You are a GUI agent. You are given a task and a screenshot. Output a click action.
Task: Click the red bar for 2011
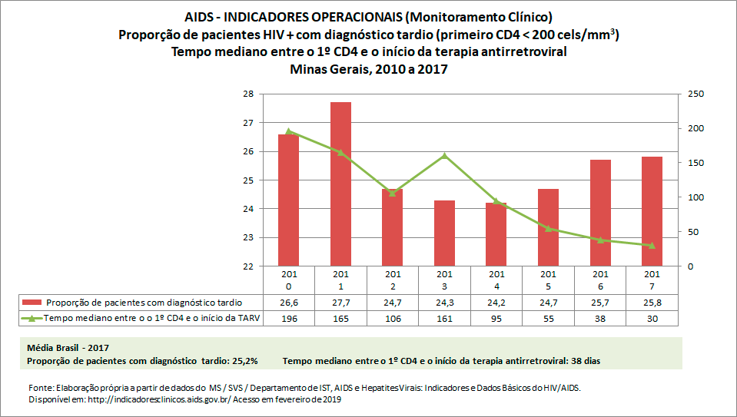[x=340, y=184]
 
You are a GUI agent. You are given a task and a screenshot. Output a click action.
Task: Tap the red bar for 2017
[x=652, y=211]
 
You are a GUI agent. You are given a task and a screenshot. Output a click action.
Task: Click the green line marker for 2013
[x=444, y=156]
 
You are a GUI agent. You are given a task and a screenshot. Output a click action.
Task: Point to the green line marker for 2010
[x=289, y=131]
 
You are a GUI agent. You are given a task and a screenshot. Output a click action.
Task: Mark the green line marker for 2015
[x=548, y=228]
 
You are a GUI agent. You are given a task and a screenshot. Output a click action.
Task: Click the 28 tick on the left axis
[x=248, y=94]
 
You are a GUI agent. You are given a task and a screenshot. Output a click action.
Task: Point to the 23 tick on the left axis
[x=248, y=237]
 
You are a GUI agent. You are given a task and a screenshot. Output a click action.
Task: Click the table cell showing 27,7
[x=340, y=303]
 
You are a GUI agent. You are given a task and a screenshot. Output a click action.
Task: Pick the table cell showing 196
[x=289, y=318]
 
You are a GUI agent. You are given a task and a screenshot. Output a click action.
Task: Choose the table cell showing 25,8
[x=652, y=303]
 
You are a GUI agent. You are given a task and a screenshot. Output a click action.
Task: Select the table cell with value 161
[x=444, y=318]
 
